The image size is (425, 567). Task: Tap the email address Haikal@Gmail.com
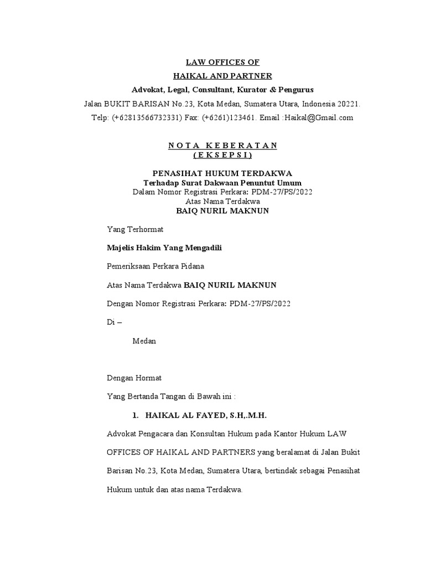click(319, 117)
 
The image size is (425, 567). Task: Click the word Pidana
click(193, 266)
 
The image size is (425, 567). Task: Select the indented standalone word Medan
click(144, 341)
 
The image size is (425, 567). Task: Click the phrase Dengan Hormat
click(134, 378)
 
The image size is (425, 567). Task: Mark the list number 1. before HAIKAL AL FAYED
click(135, 415)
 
